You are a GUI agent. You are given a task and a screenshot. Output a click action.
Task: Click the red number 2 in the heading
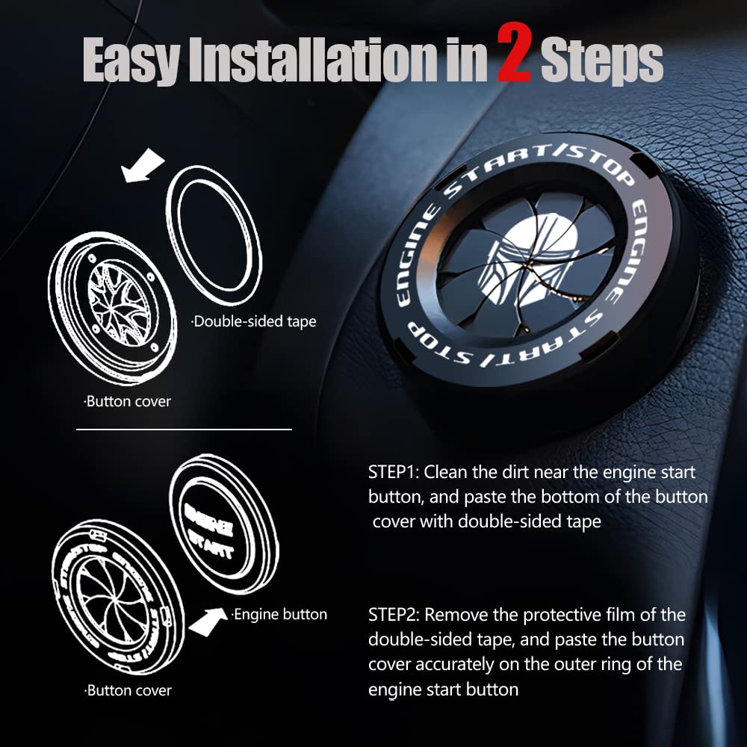(514, 59)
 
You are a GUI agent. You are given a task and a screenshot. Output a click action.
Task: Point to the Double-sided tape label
(253, 322)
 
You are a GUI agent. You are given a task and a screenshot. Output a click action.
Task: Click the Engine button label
(279, 615)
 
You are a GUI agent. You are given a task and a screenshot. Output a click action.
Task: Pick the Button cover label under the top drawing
(127, 402)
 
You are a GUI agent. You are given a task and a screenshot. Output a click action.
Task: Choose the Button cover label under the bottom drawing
(128, 690)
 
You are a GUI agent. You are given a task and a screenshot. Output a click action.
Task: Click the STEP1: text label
(394, 473)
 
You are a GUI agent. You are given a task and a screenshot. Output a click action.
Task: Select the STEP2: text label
(394, 616)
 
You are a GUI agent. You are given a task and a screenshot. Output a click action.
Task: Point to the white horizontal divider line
(184, 430)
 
